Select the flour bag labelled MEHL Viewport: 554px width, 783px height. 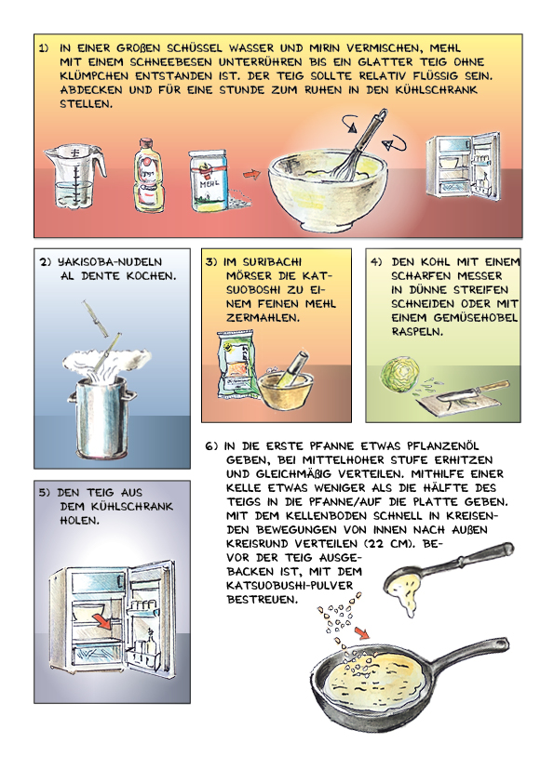208,180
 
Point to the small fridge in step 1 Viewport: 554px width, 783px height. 463,166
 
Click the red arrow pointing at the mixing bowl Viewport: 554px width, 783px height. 252,174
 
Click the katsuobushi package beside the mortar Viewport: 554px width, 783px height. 236,366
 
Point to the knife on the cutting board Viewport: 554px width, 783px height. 472,392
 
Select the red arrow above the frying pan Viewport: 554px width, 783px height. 362,632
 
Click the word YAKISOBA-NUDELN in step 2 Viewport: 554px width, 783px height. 110,262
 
